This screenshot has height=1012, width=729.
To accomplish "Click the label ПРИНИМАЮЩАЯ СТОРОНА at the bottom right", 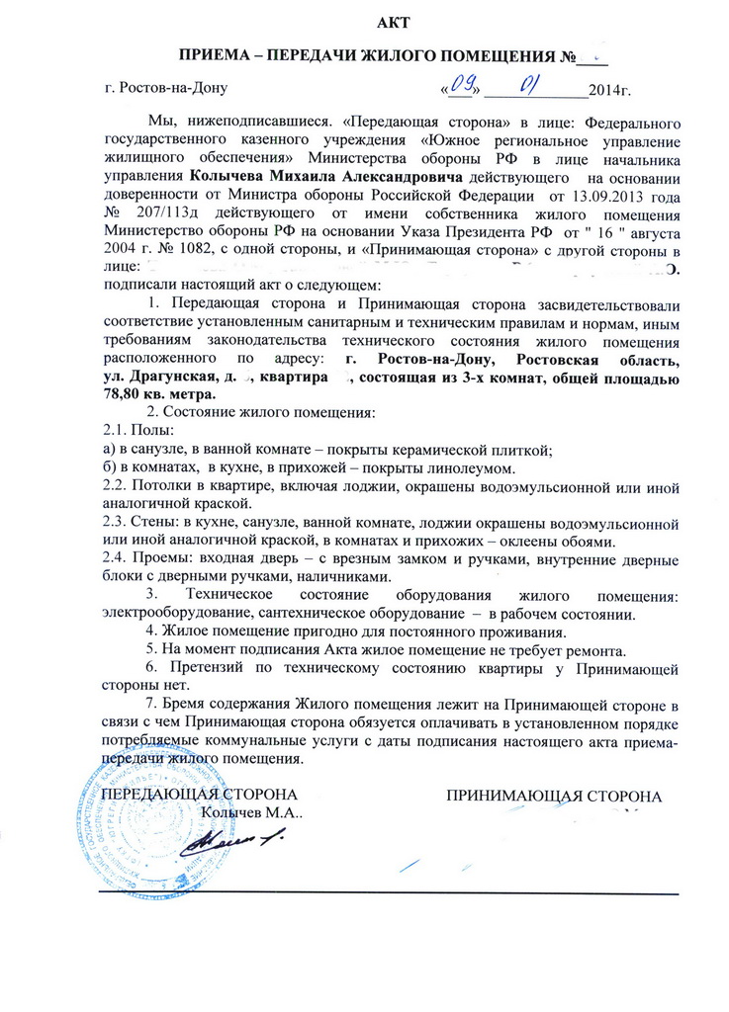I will coord(553,795).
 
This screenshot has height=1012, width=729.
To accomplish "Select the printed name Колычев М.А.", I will coord(251,813).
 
